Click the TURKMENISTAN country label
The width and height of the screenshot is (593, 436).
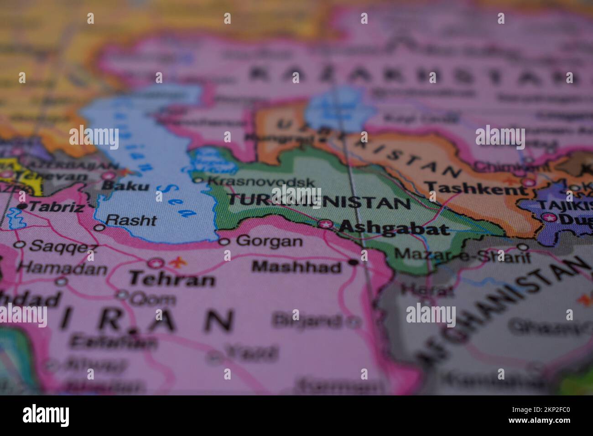(318, 201)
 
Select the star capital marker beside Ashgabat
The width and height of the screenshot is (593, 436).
(325, 224)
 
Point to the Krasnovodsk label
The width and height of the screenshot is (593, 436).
(261, 182)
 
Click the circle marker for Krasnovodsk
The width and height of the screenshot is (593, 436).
(198, 181)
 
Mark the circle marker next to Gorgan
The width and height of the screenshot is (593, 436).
(224, 241)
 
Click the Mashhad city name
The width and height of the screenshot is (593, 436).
(296, 266)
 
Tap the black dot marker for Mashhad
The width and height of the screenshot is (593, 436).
(353, 262)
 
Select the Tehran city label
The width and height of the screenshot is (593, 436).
(172, 279)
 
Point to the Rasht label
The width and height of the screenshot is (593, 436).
(131, 220)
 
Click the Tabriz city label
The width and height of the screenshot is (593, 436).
(56, 208)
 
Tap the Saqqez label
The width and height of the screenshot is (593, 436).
(63, 247)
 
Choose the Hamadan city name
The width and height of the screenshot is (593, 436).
(63, 269)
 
